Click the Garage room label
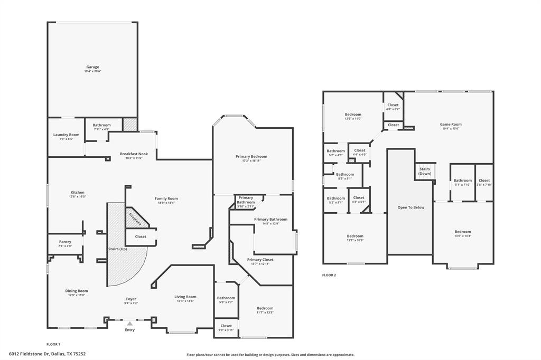pos(92,67)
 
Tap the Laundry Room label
pos(66,135)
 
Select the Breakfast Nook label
pos(134,154)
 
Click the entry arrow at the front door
pos(129,323)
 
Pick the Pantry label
pos(65,242)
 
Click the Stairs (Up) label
pos(117,249)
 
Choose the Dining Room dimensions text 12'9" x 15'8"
pos(77,295)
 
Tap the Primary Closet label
pos(260,259)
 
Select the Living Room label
pos(185,297)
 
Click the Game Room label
pos(451,125)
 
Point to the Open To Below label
pos(411,207)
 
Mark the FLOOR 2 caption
pos(329,275)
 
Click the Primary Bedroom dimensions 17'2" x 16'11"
pos(251,160)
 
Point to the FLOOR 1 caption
pos(53,344)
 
